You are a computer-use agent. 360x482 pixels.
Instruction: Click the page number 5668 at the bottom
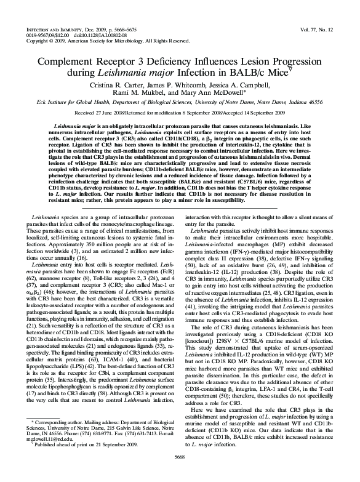tap(180, 472)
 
